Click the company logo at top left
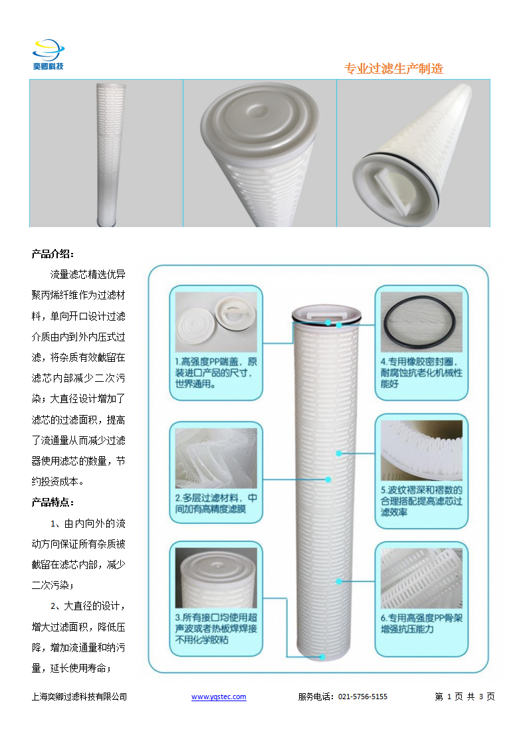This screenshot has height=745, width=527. pyautogui.click(x=48, y=54)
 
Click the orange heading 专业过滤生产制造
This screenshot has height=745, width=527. pyautogui.click(x=393, y=69)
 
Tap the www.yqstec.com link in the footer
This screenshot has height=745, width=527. pyautogui.click(x=219, y=697)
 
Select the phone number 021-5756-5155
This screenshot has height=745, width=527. pyautogui.click(x=363, y=697)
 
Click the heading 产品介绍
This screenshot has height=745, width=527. pyautogui.click(x=53, y=254)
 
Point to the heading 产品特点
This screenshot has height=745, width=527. pyautogui.click(x=53, y=502)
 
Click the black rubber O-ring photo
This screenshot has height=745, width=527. pyautogui.click(x=421, y=321)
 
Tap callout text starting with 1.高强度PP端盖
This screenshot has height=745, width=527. pyautogui.click(x=216, y=373)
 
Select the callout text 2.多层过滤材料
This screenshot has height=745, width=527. pyautogui.click(x=216, y=503)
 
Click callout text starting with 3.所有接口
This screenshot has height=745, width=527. pyautogui.click(x=216, y=629)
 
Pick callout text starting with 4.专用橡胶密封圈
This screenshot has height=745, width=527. pyautogui.click(x=421, y=372)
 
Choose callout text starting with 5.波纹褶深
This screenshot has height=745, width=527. pyautogui.click(x=421, y=501)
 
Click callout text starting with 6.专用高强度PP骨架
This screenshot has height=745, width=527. pyautogui.click(x=421, y=623)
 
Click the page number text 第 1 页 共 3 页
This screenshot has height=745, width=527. pyautogui.click(x=465, y=697)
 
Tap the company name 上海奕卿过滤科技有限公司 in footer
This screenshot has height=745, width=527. pyautogui.click(x=80, y=697)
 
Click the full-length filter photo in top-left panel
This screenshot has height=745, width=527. pyautogui.click(x=110, y=154)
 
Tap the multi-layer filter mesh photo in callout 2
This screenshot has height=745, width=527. pyautogui.click(x=216, y=458)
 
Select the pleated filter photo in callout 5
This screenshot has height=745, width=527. pyautogui.click(x=421, y=450)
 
